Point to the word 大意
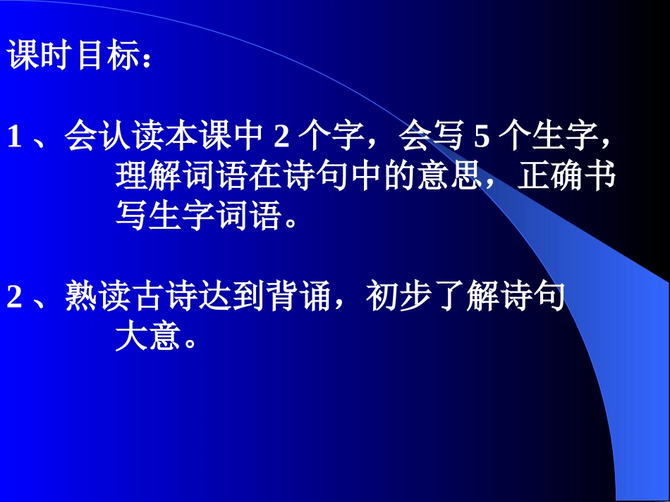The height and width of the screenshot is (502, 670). (x=148, y=339)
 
